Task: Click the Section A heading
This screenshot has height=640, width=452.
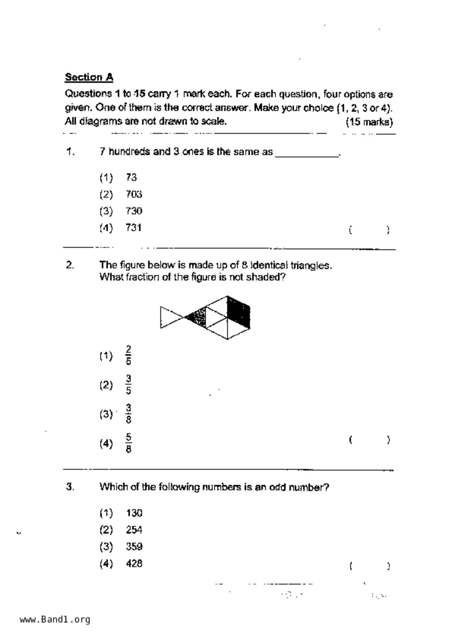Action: pos(89,77)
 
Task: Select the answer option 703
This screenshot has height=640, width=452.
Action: pos(134,194)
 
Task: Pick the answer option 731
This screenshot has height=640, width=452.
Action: pos(134,228)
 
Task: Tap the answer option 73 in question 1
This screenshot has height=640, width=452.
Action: pos(131,177)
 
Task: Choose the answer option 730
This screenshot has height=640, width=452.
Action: pos(134,211)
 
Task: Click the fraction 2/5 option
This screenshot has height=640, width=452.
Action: pos(128,355)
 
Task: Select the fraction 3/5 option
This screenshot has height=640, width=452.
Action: pos(128,385)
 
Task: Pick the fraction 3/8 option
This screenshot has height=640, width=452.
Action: pos(128,414)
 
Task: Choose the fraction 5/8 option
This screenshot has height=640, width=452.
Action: pos(128,443)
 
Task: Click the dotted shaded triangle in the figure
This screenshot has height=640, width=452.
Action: pos(198,317)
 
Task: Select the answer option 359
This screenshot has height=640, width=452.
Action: pos(134,547)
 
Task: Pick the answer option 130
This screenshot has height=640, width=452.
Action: pos(134,513)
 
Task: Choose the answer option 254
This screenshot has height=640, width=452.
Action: pos(134,530)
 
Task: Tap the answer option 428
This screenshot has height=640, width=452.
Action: pos(134,563)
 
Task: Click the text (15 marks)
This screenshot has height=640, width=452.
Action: pos(369,122)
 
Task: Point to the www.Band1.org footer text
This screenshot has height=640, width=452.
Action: pos(55,620)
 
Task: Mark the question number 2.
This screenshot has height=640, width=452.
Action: pos(70,265)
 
